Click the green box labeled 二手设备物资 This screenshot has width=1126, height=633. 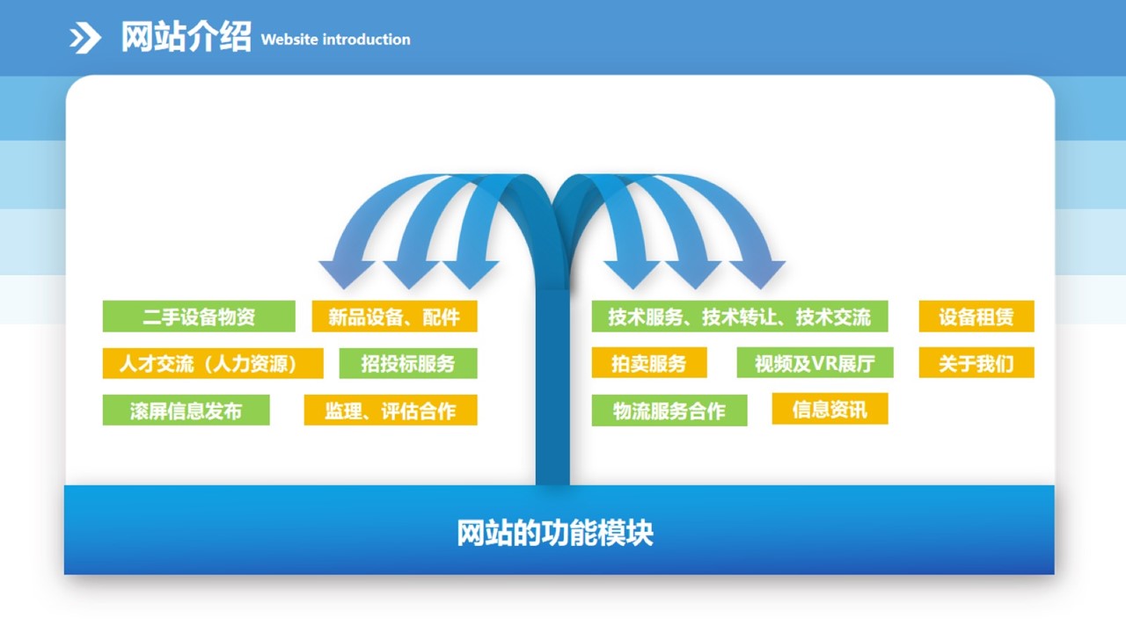point(199,316)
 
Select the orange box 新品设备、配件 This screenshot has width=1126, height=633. point(395,316)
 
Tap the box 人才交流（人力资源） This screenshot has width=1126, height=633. point(213,363)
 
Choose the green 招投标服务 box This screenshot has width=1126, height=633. point(408,363)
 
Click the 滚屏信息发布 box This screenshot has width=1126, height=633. point(186,410)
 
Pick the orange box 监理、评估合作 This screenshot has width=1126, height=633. point(391,410)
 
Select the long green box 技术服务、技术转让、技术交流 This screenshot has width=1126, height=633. point(740,316)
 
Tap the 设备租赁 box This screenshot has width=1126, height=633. point(976,316)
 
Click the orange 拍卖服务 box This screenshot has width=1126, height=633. point(649,362)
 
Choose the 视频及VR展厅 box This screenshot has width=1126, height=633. point(815,362)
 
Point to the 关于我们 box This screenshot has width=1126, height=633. point(976,362)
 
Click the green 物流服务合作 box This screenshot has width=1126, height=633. point(669,410)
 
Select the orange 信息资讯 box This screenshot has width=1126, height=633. point(830,409)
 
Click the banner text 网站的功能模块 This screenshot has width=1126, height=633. point(555,533)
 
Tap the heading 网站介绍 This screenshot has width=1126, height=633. point(186,37)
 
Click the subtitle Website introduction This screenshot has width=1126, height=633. point(336,40)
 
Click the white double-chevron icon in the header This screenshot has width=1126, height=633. point(85,38)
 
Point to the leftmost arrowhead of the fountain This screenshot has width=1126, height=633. point(346,273)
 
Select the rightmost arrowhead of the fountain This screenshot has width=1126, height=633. point(759,273)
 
